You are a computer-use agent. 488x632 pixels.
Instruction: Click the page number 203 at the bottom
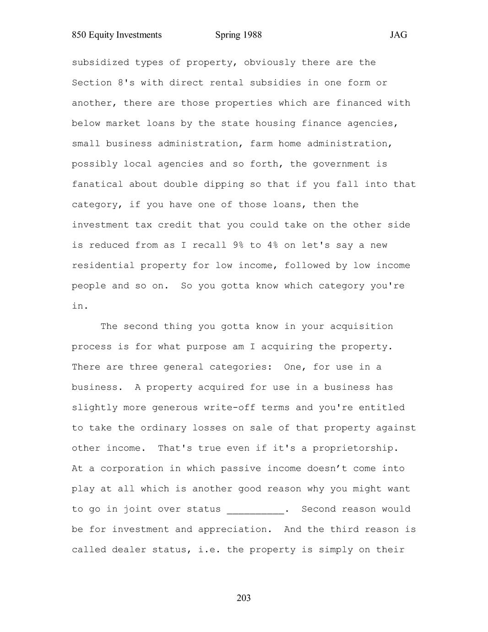(244, 598)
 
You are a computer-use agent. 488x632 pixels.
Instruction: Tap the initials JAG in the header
(398, 35)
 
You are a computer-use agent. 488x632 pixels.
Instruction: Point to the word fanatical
(98, 184)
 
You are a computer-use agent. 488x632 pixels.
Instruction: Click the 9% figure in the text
(238, 245)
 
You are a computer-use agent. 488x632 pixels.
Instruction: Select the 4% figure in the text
(272, 245)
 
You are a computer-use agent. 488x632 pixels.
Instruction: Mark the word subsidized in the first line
(100, 62)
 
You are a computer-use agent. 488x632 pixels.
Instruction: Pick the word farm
(261, 143)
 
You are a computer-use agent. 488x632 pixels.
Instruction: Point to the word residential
(103, 265)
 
